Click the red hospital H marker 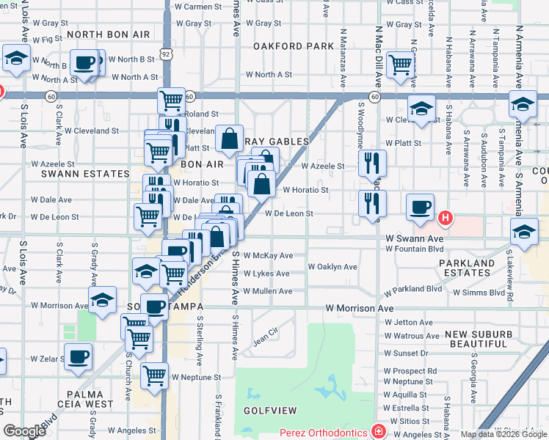tap(444, 218)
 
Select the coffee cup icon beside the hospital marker tap(419, 207)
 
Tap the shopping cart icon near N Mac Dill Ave tap(400, 65)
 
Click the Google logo tap(24, 431)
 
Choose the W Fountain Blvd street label tap(415, 248)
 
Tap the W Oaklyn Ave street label tap(332, 267)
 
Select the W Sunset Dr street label tap(411, 353)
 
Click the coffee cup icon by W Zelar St tap(78, 356)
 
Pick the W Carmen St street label tap(197, 7)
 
